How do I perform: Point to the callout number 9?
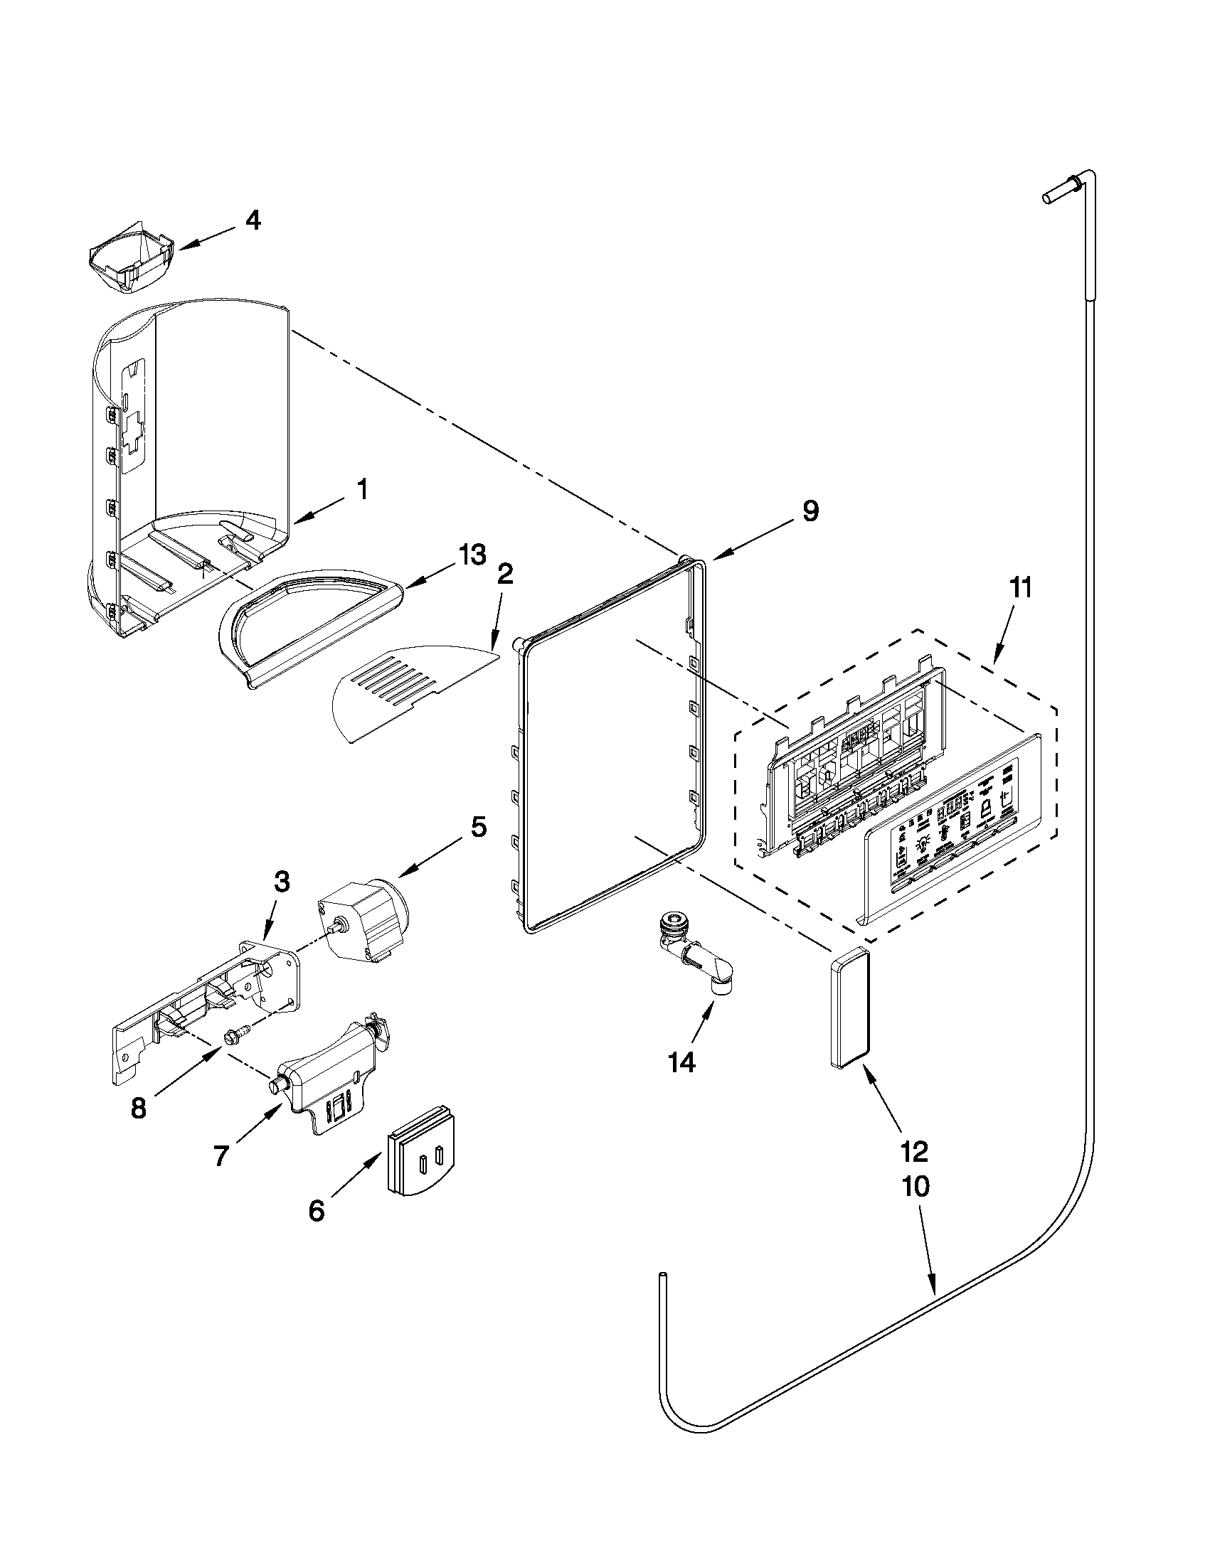810,511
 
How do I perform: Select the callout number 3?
282,882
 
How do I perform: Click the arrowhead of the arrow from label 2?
493,648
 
